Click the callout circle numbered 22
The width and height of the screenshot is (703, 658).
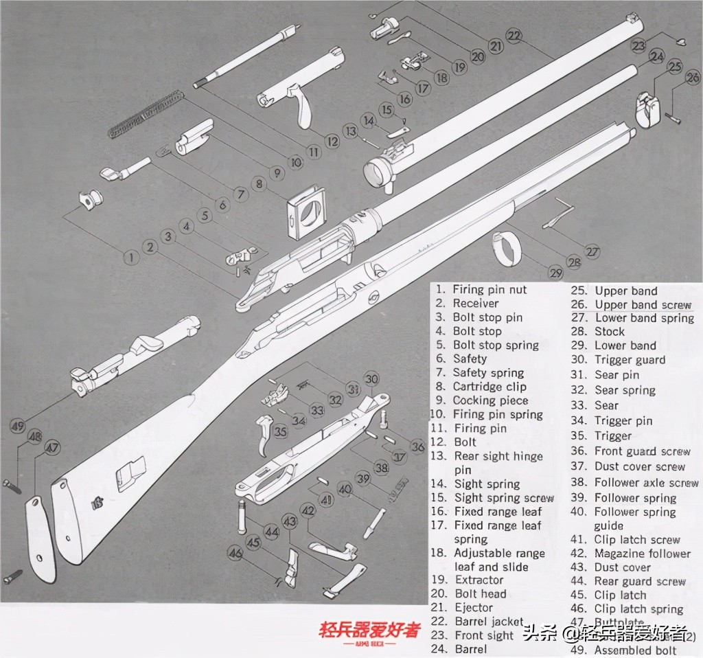[514, 36]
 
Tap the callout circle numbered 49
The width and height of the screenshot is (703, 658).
[17, 426]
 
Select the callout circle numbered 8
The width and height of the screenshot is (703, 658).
[258, 184]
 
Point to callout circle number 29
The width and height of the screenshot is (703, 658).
[555, 273]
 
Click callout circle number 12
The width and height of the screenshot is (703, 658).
[332, 141]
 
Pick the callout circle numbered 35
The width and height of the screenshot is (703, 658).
[280, 432]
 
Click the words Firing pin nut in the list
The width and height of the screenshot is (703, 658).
[489, 290]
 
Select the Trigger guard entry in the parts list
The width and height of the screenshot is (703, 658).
[630, 360]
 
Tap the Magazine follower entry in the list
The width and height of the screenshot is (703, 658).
[642, 554]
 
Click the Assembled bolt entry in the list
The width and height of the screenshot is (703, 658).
[635, 650]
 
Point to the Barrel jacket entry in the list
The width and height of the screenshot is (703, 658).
[489, 622]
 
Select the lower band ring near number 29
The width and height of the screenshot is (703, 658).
[507, 248]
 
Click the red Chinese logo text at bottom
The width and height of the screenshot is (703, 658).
[369, 631]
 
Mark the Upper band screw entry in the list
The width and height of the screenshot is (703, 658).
[643, 304]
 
